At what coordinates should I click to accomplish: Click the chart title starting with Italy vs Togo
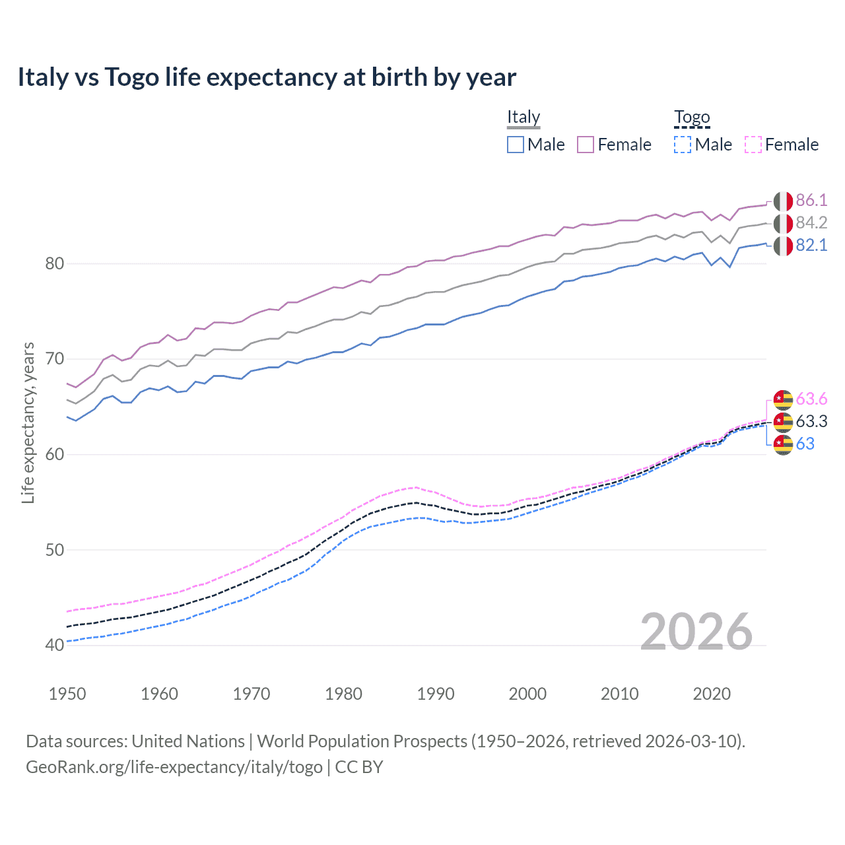267,77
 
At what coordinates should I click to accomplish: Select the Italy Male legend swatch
516,145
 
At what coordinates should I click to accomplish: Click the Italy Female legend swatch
586,145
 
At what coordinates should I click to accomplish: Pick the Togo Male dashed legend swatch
683,145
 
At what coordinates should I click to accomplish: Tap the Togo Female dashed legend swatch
753,145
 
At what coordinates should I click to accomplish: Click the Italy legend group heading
524,117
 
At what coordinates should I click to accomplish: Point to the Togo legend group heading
692,117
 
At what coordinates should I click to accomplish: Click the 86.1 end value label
811,200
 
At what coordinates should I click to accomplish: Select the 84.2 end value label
811,222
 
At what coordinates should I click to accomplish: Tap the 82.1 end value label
811,245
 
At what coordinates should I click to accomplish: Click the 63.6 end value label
811,399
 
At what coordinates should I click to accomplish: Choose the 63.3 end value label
811,421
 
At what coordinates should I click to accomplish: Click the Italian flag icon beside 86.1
783,201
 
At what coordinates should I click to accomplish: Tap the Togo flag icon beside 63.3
783,422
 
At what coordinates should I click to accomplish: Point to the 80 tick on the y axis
55,263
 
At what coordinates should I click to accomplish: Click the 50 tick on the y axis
55,550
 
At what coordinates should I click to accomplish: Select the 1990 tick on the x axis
436,694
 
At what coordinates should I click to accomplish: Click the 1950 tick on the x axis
67,694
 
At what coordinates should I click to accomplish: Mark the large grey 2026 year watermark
696,632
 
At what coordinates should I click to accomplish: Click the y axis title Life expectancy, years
28,422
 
